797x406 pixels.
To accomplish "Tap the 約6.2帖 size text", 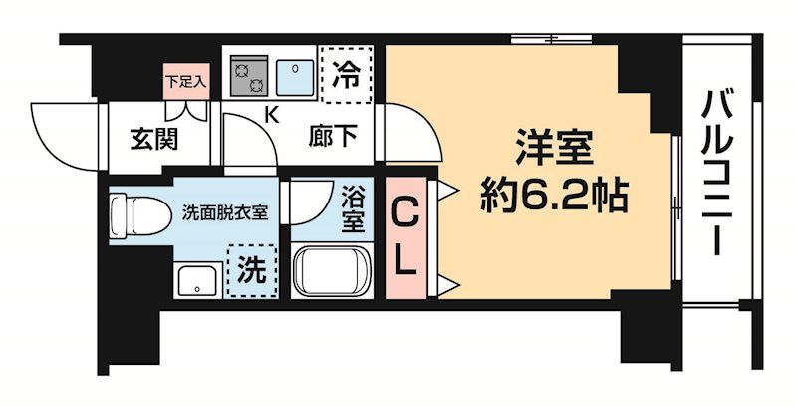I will tap(555, 196).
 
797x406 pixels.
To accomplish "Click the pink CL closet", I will tap(403, 237).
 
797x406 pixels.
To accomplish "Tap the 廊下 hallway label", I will tap(331, 138).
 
